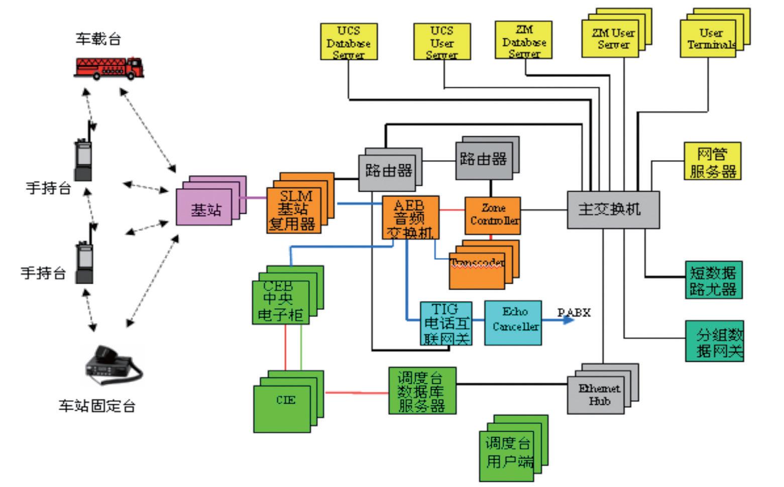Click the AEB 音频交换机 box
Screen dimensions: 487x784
[410, 218]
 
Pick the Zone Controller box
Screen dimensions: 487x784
[493, 215]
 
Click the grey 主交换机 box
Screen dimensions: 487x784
[613, 209]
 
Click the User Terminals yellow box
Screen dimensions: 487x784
[708, 39]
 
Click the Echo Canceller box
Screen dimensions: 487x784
[513, 323]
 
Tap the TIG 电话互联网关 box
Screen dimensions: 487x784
[446, 324]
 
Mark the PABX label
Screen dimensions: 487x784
[575, 313]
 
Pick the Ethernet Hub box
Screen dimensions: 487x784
[596, 395]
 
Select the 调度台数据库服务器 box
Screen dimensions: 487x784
[422, 391]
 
